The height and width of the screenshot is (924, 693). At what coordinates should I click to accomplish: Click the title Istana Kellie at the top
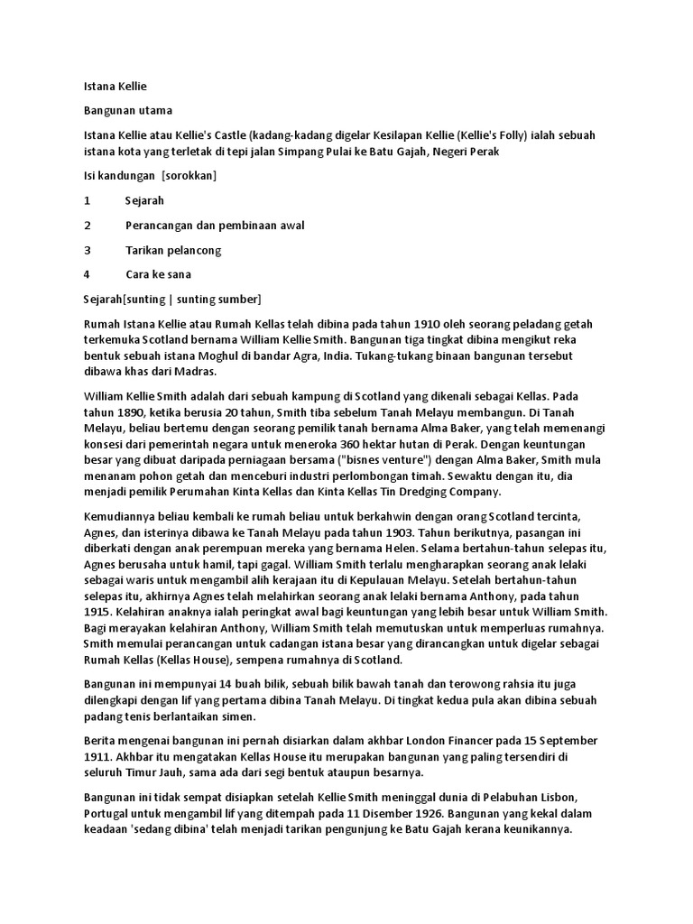click(x=114, y=87)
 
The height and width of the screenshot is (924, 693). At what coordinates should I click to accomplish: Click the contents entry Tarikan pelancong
click(x=173, y=249)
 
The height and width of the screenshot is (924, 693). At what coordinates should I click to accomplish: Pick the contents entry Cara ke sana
click(x=158, y=273)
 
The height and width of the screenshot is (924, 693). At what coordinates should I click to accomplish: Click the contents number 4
click(x=87, y=273)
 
